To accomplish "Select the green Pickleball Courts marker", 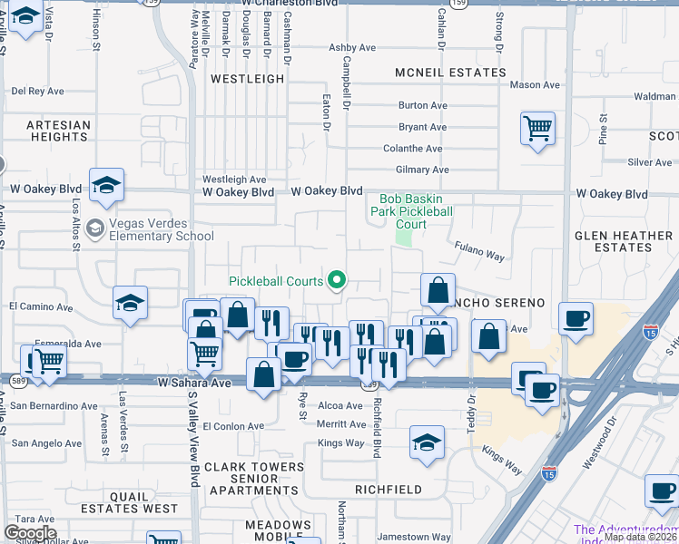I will pyautogui.click(x=337, y=280).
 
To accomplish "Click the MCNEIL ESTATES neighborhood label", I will pyautogui.click(x=450, y=73).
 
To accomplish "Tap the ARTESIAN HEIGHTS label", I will pyautogui.click(x=58, y=131).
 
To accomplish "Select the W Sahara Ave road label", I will pyautogui.click(x=192, y=384).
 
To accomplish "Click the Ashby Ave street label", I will pyautogui.click(x=352, y=48).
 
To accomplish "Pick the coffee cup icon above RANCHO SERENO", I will pyautogui.click(x=576, y=318).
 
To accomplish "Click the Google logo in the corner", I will pyautogui.click(x=30, y=533).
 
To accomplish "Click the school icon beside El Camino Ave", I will pyautogui.click(x=130, y=303).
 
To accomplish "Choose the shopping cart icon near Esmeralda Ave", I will pyautogui.click(x=49, y=361).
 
